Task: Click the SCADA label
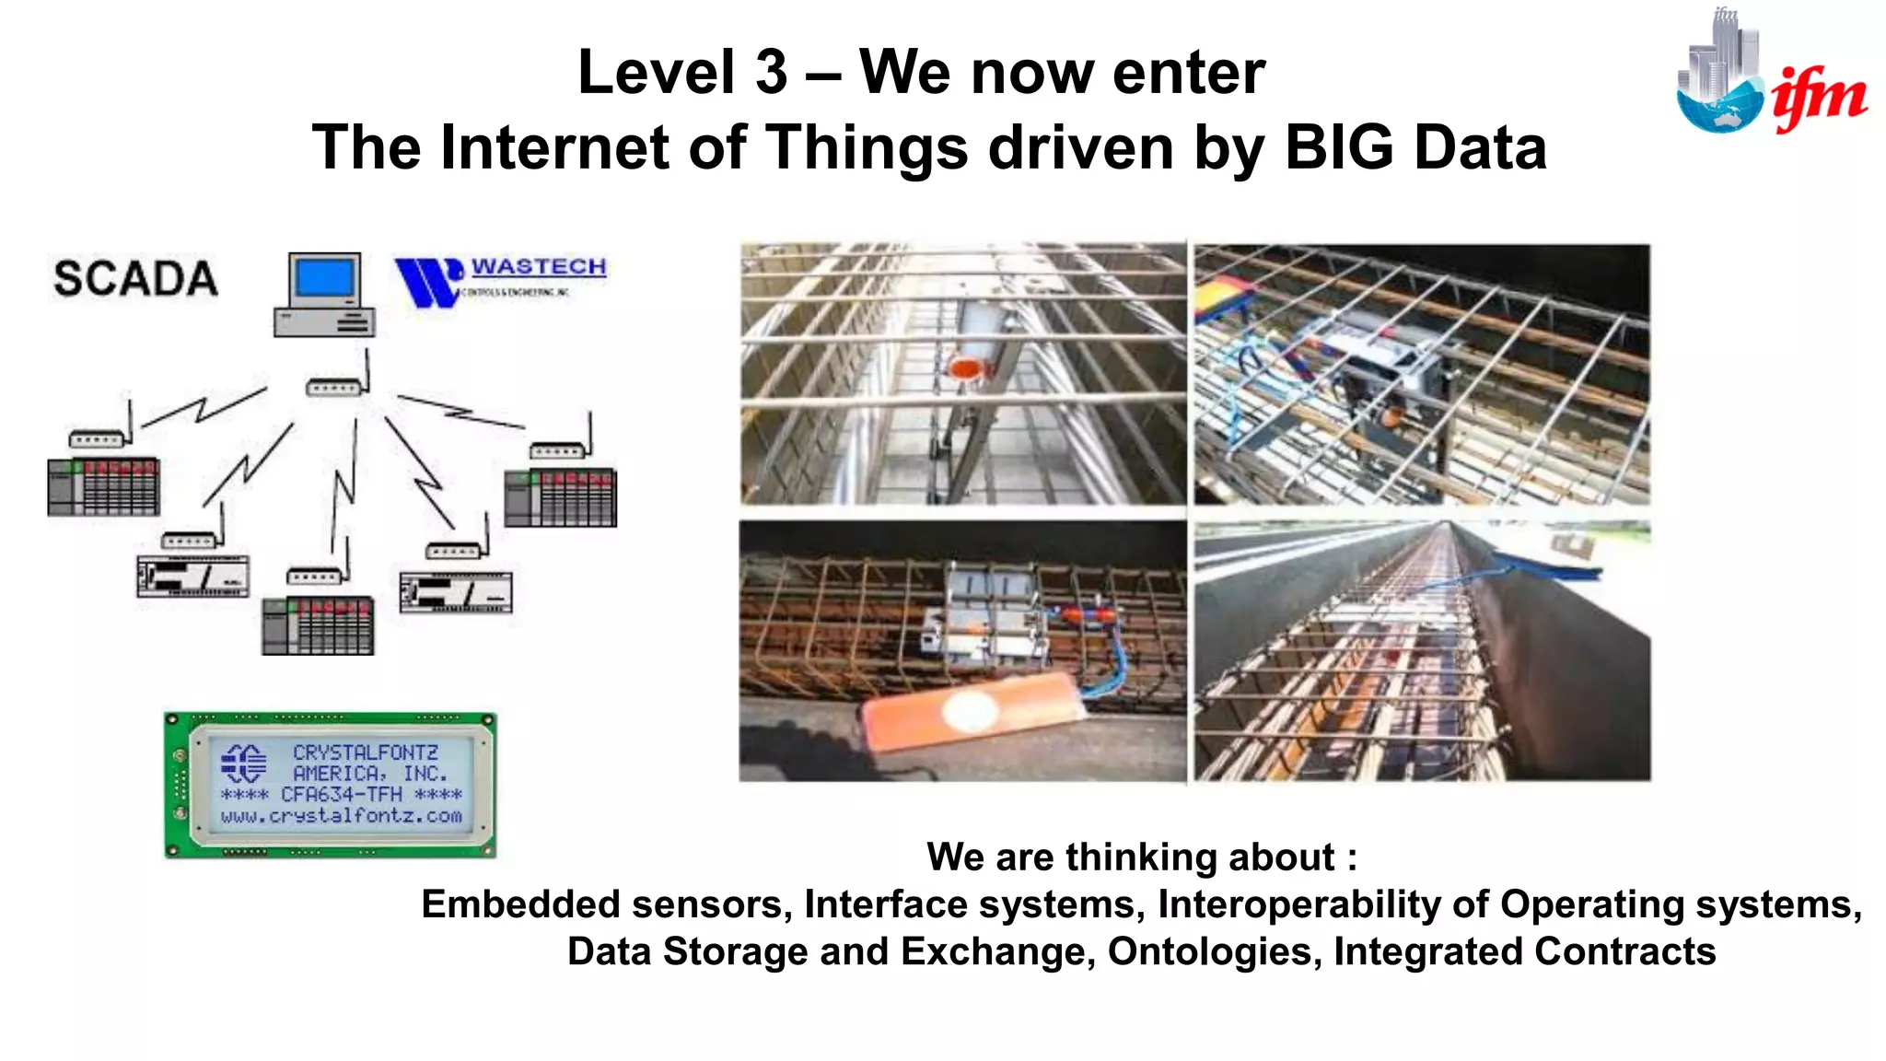click(x=135, y=279)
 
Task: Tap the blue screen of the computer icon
click(x=323, y=278)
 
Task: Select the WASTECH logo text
click(x=539, y=267)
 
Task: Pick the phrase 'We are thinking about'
click(x=1131, y=857)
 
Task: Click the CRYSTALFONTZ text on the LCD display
click(x=366, y=752)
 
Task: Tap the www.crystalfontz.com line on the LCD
click(x=341, y=816)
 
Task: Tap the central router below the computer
click(x=333, y=388)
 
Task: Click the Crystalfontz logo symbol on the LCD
click(x=244, y=763)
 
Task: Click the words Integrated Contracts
click(x=1524, y=951)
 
